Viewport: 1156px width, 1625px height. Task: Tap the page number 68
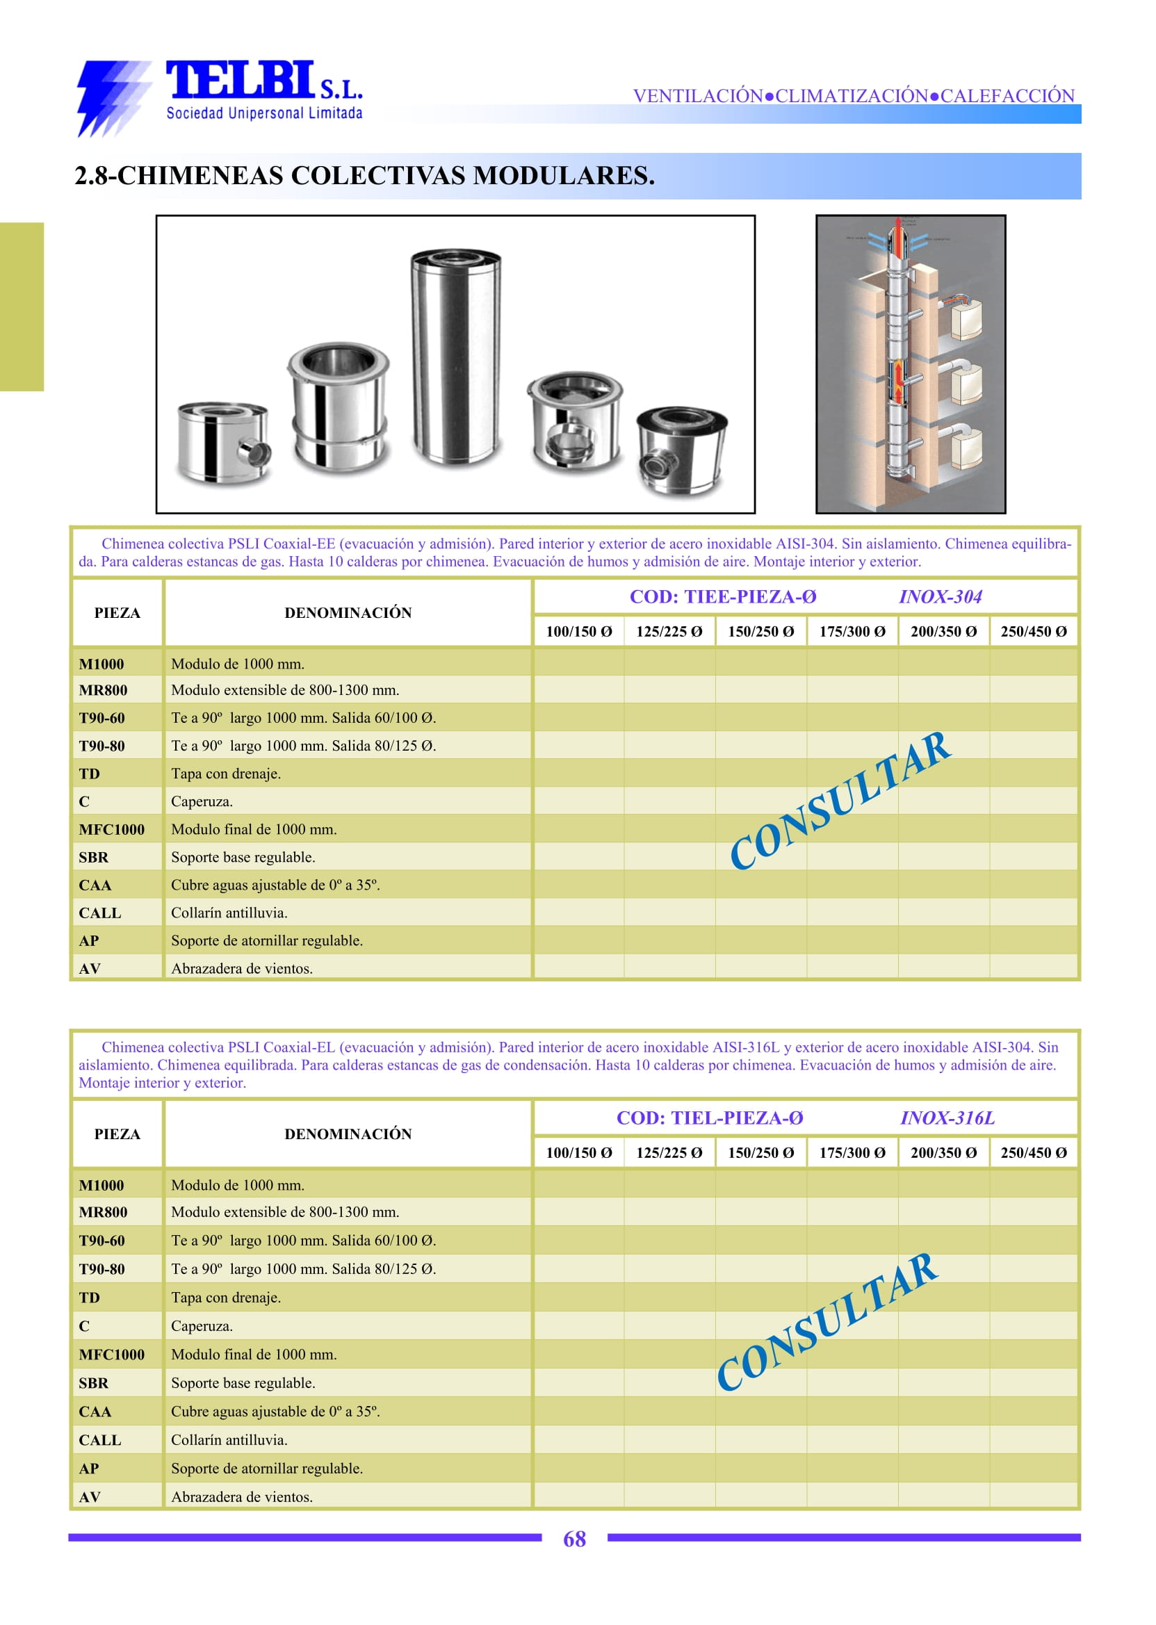pyautogui.click(x=574, y=1539)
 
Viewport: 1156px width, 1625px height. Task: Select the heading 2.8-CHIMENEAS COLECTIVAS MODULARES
pyautogui.click(x=364, y=176)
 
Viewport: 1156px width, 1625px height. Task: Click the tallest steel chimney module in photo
pyautogui.click(x=455, y=358)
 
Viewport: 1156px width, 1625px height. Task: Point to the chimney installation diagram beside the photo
pyautogui.click(x=911, y=364)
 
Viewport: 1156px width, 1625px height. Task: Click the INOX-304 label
pyautogui.click(x=941, y=596)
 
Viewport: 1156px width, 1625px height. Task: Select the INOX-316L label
pyautogui.click(x=947, y=1118)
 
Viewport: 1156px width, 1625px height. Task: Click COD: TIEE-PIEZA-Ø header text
pyautogui.click(x=722, y=596)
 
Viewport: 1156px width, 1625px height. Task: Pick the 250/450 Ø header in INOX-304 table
pyautogui.click(x=1034, y=631)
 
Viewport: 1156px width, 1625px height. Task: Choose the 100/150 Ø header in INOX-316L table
pyautogui.click(x=579, y=1152)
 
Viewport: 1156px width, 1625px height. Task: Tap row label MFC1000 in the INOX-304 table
pyautogui.click(x=112, y=829)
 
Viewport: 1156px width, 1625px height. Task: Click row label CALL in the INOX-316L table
pyautogui.click(x=100, y=1439)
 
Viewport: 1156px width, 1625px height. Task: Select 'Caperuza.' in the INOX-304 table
pyautogui.click(x=202, y=801)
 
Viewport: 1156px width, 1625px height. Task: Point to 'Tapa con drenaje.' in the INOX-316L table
pyautogui.click(x=227, y=1297)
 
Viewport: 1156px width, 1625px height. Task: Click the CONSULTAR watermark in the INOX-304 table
pyautogui.click(x=840, y=801)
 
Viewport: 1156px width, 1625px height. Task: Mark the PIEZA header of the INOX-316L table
pyautogui.click(x=117, y=1134)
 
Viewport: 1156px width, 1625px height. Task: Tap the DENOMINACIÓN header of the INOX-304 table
pyautogui.click(x=348, y=613)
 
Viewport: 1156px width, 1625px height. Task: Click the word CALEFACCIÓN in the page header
pyautogui.click(x=1007, y=95)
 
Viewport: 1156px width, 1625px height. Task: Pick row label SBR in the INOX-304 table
pyautogui.click(x=94, y=857)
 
